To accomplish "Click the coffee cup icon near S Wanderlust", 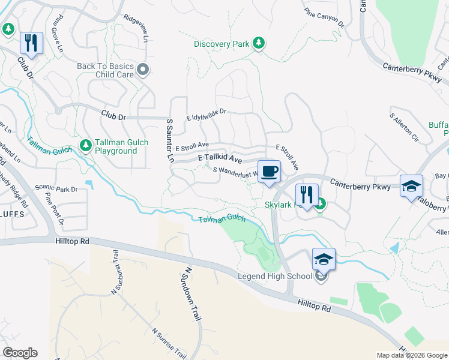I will pyautogui.click(x=270, y=172).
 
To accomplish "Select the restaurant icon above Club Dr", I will pyautogui.click(x=31, y=43).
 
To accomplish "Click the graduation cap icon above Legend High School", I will pyautogui.click(x=324, y=259).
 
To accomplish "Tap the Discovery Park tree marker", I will pyautogui.click(x=259, y=43).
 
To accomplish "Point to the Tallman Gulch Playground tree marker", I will pyautogui.click(x=86, y=146).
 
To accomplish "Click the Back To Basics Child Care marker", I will pyautogui.click(x=143, y=70).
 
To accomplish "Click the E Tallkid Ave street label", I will pyautogui.click(x=220, y=159).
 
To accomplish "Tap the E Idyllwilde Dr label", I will pyautogui.click(x=206, y=115).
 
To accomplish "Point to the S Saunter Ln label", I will pyautogui.click(x=170, y=141).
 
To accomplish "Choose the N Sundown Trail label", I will pyautogui.click(x=191, y=294).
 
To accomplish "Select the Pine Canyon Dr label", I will pyautogui.click(x=324, y=19).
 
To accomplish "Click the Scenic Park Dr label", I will pyautogui.click(x=56, y=188).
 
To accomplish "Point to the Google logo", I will pyautogui.click(x=20, y=353).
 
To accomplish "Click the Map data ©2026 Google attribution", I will pyautogui.click(x=412, y=355).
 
